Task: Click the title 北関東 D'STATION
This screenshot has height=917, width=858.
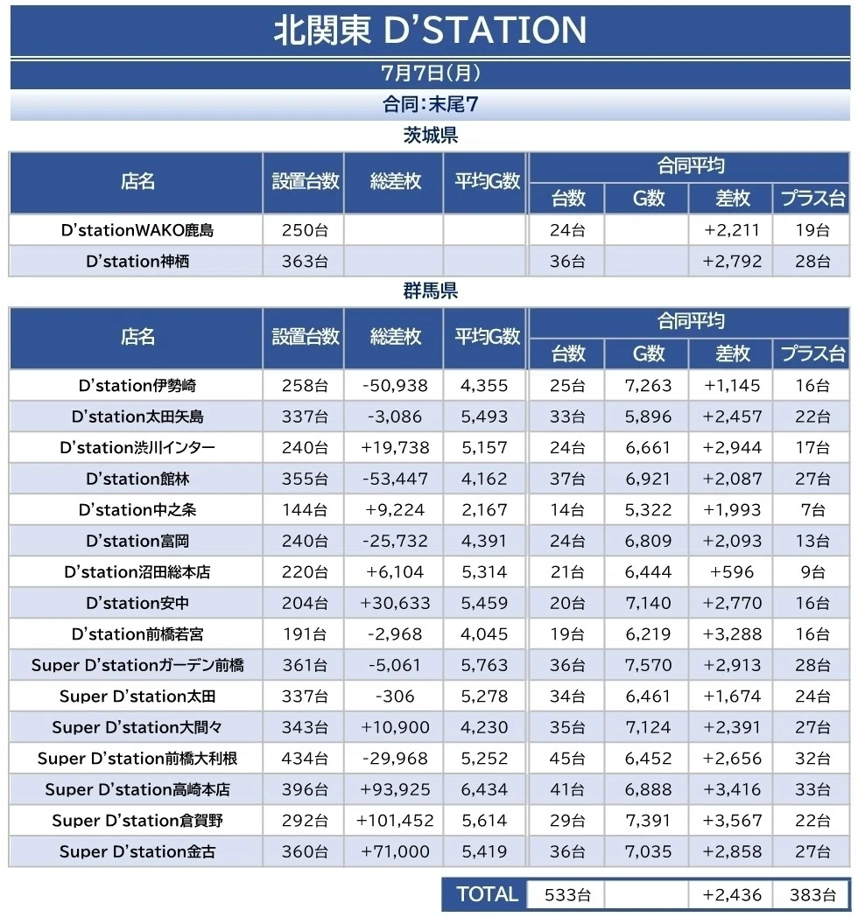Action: click(430, 30)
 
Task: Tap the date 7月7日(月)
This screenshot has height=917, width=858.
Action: click(430, 73)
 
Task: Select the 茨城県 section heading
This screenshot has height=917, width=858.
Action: click(430, 136)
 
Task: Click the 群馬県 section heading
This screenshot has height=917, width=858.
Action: click(430, 290)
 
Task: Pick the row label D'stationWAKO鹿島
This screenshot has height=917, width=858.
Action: click(137, 230)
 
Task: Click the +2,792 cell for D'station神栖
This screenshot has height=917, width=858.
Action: click(732, 261)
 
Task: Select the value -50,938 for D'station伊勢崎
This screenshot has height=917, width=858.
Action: click(395, 385)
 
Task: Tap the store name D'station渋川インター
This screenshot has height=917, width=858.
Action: click(137, 447)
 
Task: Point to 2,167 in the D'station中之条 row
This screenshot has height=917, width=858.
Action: click(484, 510)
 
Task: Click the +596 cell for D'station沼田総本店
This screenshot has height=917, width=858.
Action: click(732, 572)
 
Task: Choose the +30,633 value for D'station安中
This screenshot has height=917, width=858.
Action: click(395, 603)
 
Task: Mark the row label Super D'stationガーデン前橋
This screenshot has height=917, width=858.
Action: click(137, 665)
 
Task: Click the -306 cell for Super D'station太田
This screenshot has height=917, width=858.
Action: click(395, 696)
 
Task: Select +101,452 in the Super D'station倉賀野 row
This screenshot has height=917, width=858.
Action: click(395, 821)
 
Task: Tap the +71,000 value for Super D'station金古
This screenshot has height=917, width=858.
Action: click(395, 851)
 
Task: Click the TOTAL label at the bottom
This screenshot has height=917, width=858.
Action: click(487, 894)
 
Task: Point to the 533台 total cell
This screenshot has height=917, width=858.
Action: click(567, 895)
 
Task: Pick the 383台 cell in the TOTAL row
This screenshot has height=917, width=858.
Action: click(812, 895)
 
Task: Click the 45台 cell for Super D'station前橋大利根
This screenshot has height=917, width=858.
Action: click(566, 759)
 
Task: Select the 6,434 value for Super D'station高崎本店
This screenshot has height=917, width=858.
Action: click(484, 789)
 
